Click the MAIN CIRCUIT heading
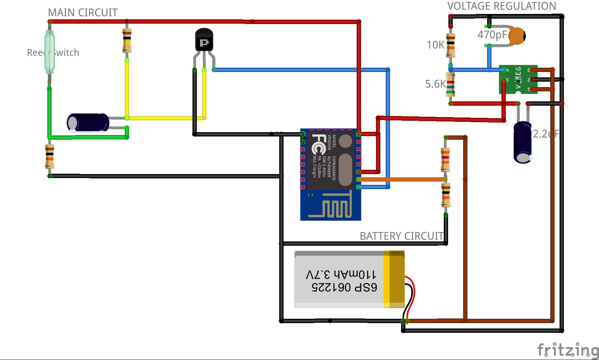click(82, 13)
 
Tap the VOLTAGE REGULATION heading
click(501, 6)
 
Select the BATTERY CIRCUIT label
click(401, 236)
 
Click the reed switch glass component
click(49, 52)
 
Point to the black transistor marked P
click(204, 40)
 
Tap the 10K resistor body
click(451, 45)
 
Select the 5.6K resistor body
click(451, 85)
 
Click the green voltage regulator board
click(518, 79)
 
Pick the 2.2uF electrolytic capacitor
click(523, 142)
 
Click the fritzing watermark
click(567, 350)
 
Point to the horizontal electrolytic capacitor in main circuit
click(88, 123)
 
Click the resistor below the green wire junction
click(49, 157)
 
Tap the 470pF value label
click(492, 35)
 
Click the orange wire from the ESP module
click(401, 179)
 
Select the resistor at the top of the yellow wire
click(127, 40)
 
